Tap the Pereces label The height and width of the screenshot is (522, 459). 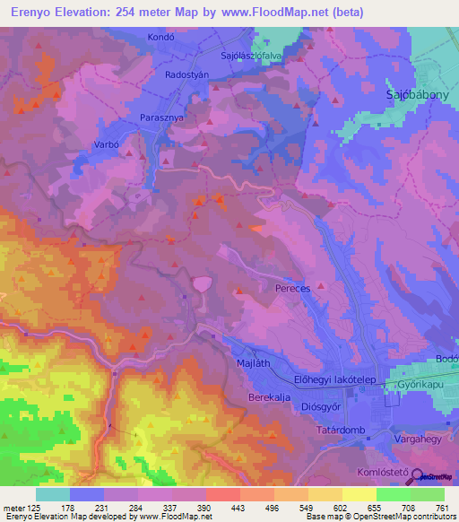[292, 290]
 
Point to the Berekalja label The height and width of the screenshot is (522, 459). [271, 396]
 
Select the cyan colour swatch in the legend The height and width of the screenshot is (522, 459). [52, 494]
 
